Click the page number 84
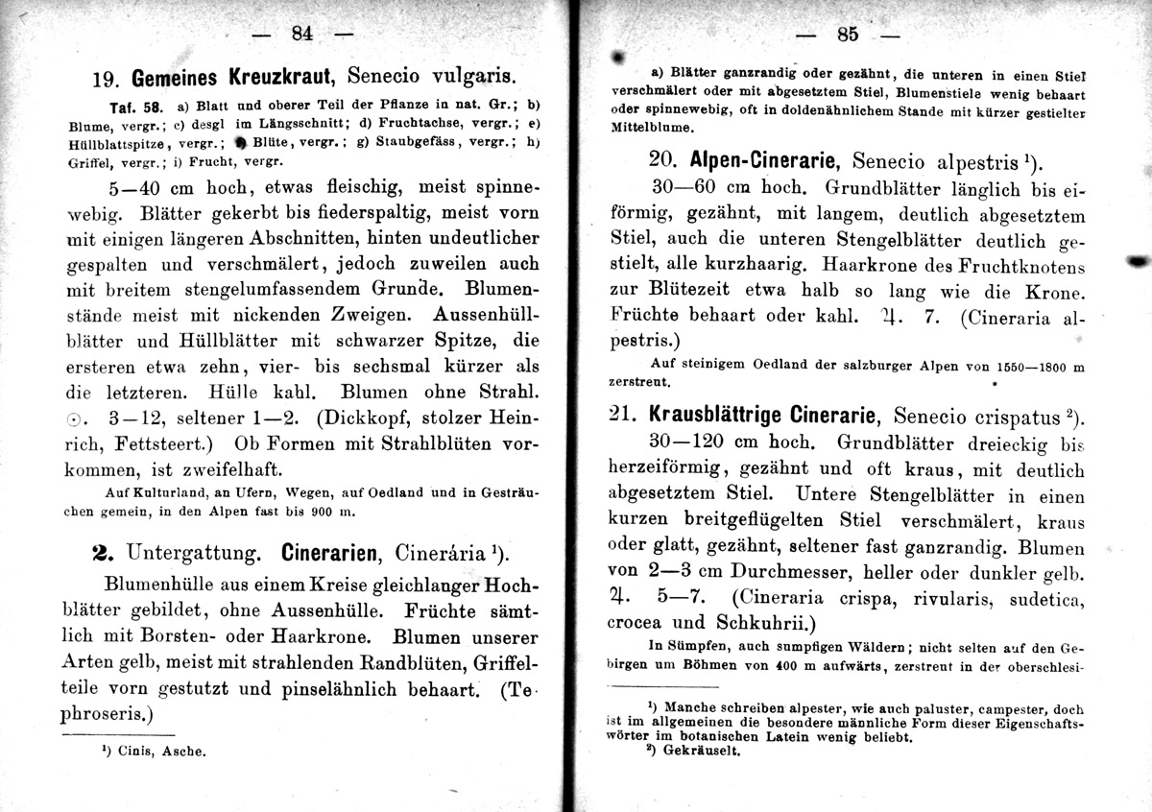[x=301, y=34]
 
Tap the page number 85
[x=847, y=34]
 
